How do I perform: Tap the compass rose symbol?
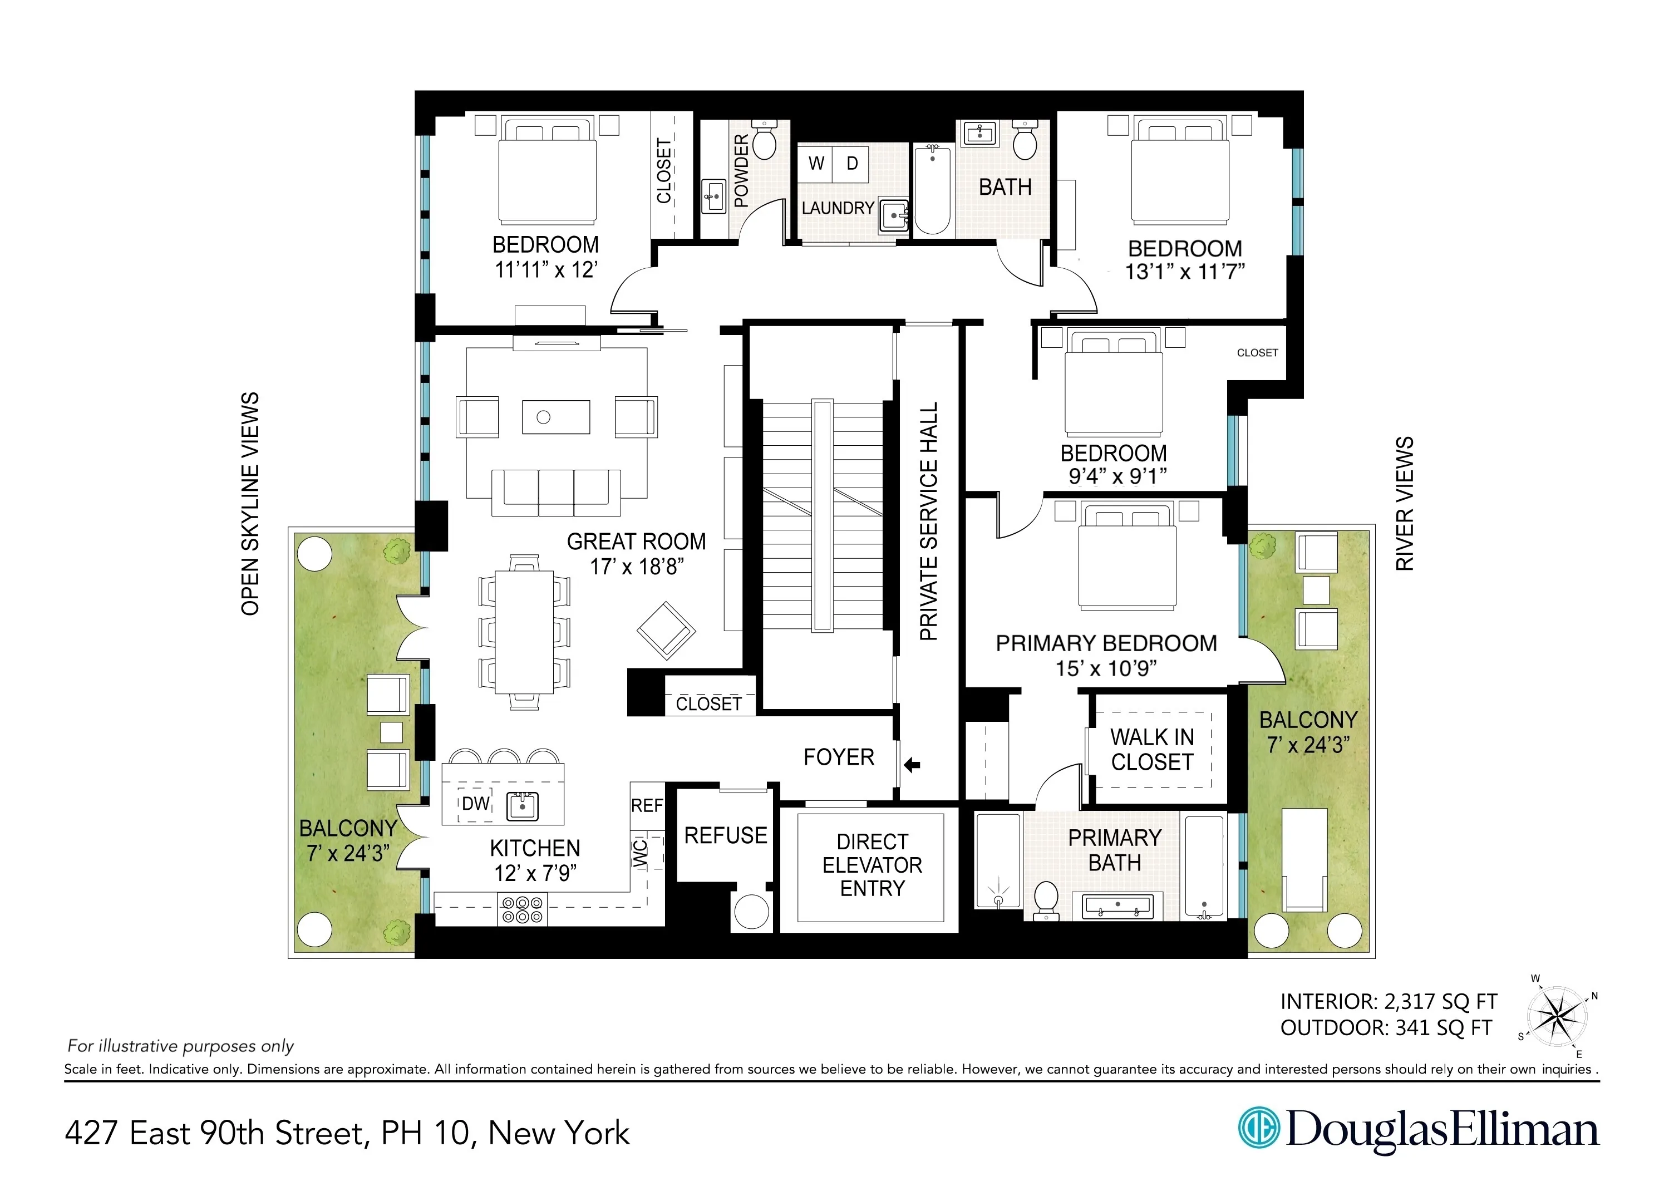(1555, 1015)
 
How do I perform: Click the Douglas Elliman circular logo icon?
(1259, 1128)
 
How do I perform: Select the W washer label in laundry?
(816, 164)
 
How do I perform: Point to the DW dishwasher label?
(476, 804)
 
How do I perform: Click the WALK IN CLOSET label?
(1152, 749)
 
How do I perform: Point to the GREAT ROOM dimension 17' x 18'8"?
(636, 567)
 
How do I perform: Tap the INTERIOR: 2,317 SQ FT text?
(1387, 1002)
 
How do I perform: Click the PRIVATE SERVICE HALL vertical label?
(929, 521)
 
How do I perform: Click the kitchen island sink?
(522, 806)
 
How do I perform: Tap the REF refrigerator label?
(647, 806)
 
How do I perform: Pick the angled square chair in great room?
(666, 631)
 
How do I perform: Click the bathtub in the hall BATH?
(932, 189)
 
